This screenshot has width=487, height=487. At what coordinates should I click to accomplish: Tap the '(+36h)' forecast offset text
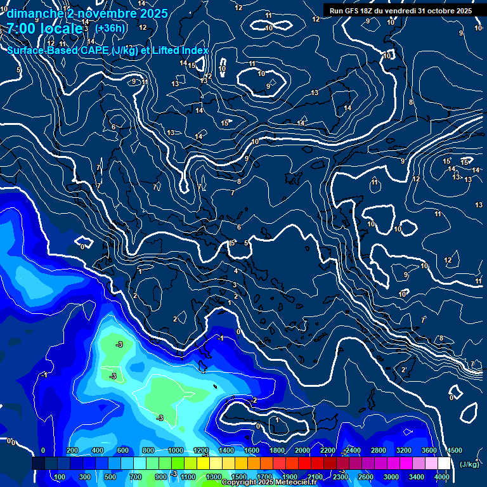[110, 29]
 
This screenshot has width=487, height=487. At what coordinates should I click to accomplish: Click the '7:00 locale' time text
[44, 29]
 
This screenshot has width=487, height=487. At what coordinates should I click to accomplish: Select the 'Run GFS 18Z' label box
[401, 11]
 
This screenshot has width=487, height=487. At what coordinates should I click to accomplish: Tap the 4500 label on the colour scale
[454, 450]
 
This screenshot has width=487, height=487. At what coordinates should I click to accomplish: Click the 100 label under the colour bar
[61, 477]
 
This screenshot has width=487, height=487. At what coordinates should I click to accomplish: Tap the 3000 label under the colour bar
[391, 477]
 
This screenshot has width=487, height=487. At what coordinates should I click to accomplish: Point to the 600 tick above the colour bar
[123, 450]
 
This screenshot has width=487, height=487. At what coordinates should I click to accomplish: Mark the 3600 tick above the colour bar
[429, 450]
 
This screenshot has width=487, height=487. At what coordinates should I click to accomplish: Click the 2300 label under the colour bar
[340, 477]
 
